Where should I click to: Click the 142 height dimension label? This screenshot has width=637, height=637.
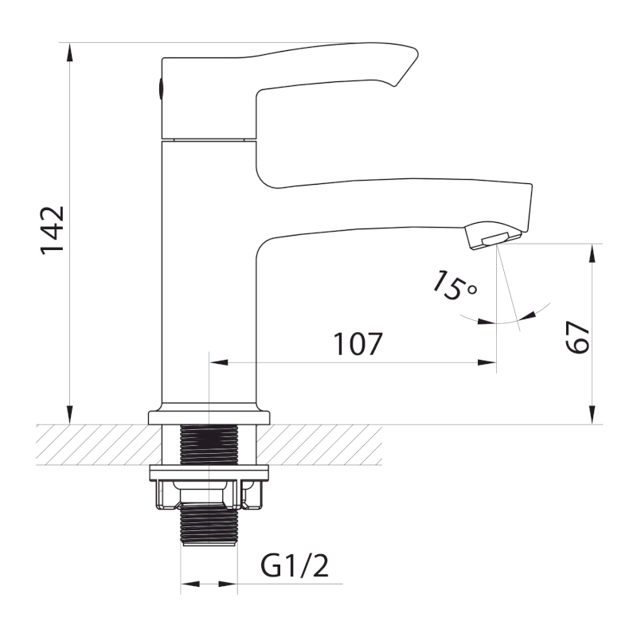53,230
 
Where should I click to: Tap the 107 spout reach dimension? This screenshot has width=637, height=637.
358,344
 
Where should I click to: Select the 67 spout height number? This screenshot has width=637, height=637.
577,337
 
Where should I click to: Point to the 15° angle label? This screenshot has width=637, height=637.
454,286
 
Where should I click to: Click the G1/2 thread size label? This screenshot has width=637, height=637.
295,566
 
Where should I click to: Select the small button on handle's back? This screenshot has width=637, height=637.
161,88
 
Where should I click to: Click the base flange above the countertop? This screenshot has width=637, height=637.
209,417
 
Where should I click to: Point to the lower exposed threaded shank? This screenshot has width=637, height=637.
209,524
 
